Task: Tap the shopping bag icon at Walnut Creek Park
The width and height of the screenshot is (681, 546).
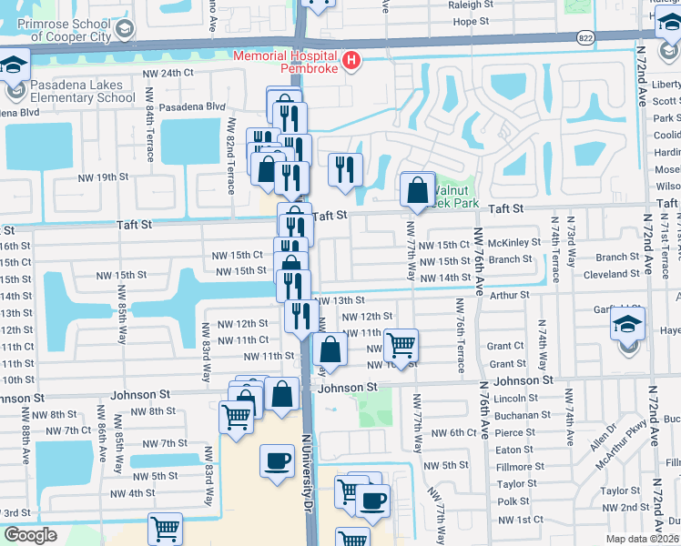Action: point(417,190)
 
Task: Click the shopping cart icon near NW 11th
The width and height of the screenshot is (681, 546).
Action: point(401,346)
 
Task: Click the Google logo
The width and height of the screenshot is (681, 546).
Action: point(30,535)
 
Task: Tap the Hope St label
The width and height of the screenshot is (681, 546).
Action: point(471,20)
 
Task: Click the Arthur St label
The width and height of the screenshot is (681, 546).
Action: point(509,295)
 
